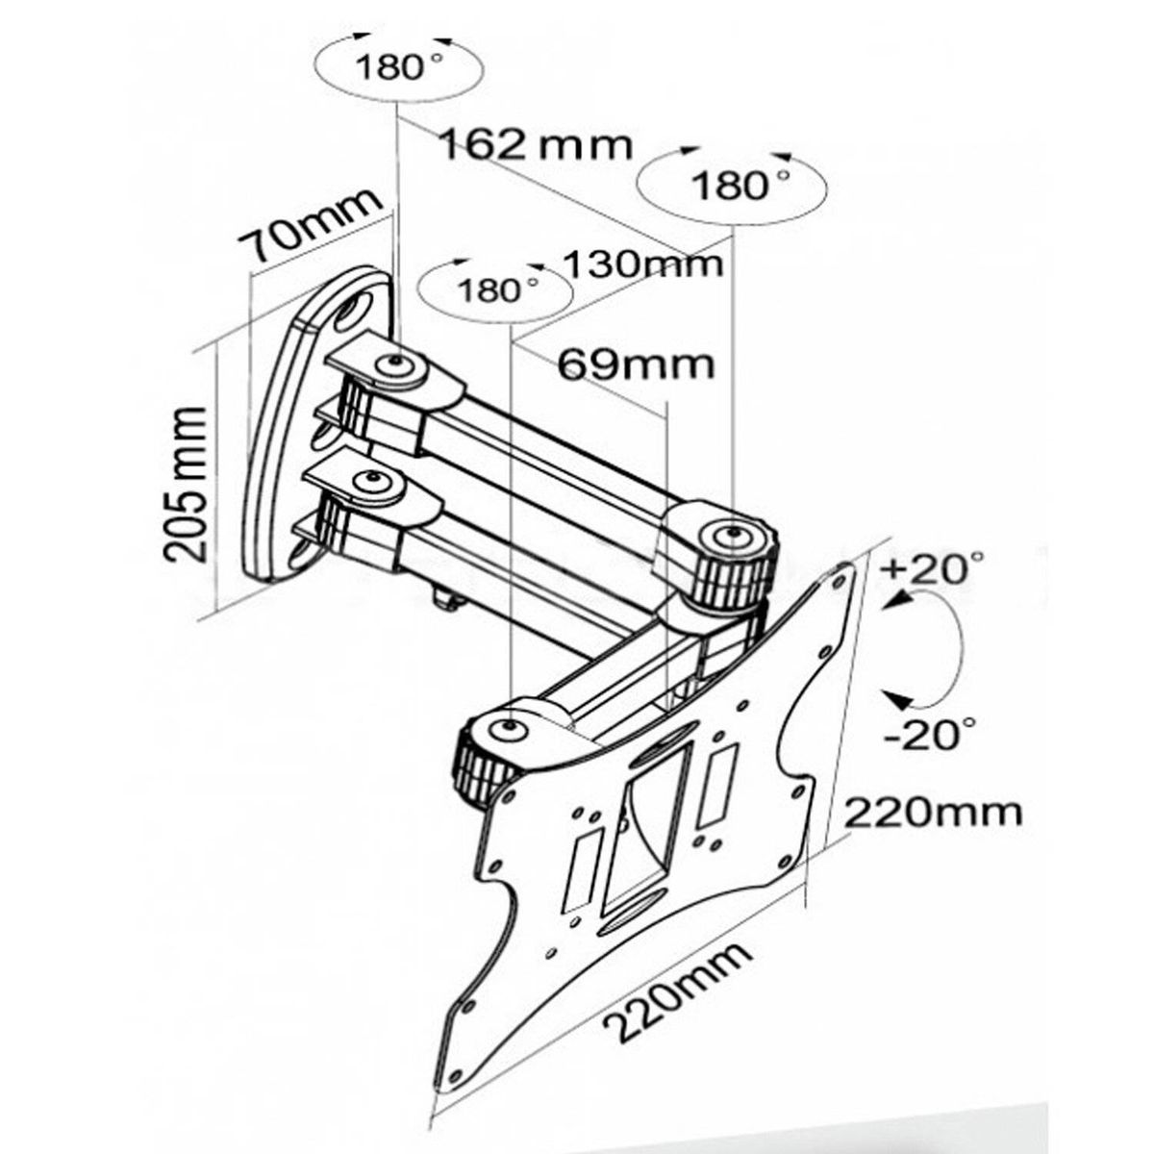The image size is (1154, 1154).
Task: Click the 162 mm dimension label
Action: click(536, 145)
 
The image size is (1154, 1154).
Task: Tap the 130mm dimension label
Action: click(641, 262)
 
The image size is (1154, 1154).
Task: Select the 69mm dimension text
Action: click(637, 364)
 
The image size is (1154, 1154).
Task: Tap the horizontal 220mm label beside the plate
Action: click(933, 813)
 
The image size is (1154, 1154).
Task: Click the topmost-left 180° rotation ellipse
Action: click(397, 67)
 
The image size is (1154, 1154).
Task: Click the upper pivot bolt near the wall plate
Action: click(393, 365)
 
